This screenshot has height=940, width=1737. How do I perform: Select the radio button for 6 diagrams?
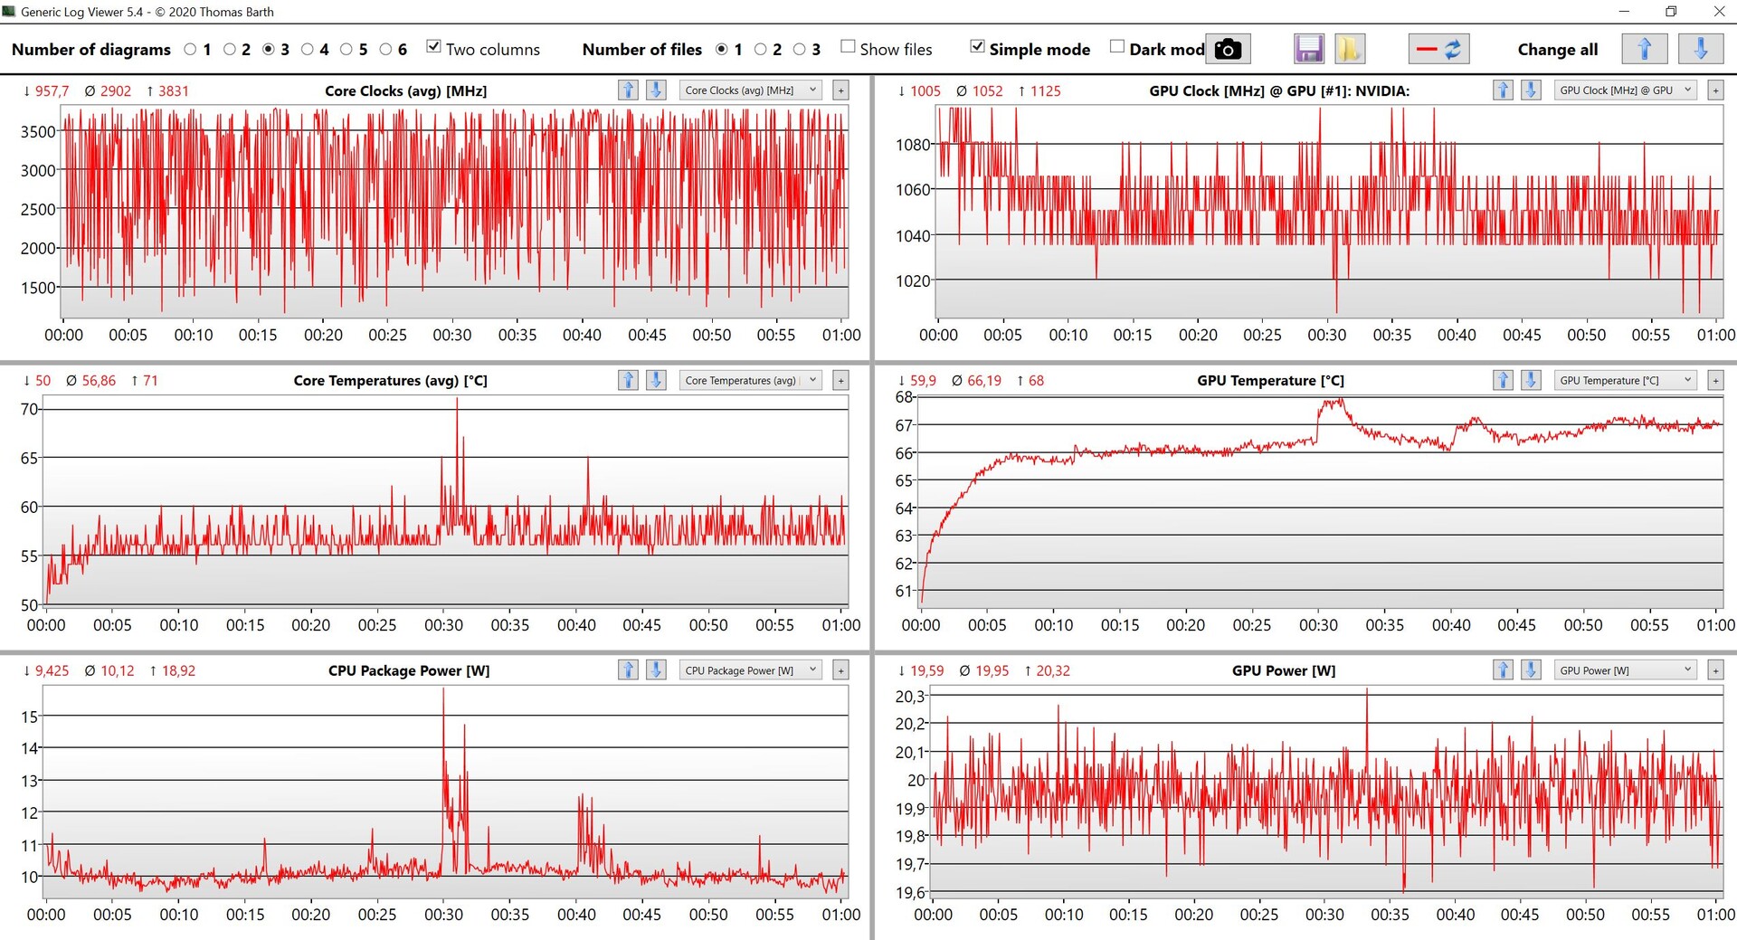tap(386, 50)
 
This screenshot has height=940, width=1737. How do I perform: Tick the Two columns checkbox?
tap(434, 47)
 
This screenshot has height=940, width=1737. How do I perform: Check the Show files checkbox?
tap(848, 47)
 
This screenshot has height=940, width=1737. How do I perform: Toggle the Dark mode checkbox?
tap(1117, 47)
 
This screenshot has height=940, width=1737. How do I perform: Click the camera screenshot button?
tap(1228, 50)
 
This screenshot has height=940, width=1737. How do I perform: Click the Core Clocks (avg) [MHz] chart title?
tap(405, 91)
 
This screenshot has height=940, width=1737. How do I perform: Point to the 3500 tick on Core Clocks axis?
tap(38, 132)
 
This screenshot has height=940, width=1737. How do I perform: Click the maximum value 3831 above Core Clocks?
tap(173, 91)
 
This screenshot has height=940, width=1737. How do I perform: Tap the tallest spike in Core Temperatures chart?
tap(457, 401)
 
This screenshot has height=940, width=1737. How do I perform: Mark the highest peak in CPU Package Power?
tap(443, 690)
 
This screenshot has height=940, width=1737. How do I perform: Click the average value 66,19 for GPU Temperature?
tap(984, 381)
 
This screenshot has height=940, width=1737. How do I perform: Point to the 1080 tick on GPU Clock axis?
tap(913, 145)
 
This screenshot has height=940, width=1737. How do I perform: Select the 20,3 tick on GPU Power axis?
tap(910, 697)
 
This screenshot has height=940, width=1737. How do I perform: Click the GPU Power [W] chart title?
tap(1283, 670)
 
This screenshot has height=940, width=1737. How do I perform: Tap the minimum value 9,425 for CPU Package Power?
tap(52, 670)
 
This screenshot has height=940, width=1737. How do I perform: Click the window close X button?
tap(1719, 12)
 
